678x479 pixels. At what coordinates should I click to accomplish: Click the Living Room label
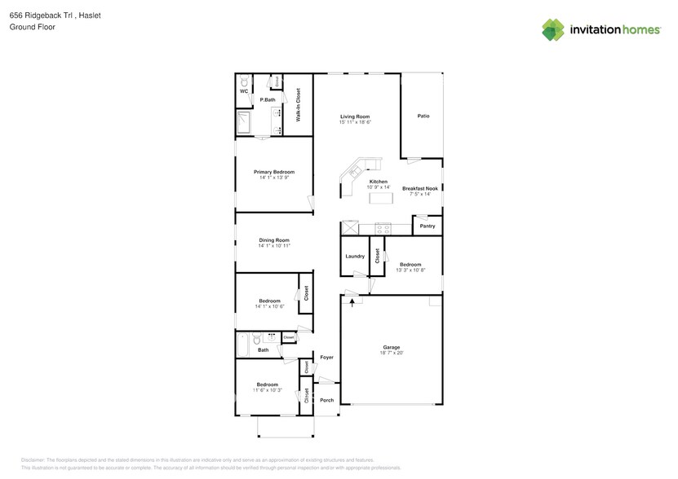355,116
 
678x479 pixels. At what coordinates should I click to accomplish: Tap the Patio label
423,116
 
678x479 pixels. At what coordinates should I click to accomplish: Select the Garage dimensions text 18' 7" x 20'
392,353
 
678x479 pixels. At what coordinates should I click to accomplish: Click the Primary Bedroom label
273,172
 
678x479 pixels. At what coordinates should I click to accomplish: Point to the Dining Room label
274,239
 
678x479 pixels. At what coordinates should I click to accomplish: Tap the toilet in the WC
243,82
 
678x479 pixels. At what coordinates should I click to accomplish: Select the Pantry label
428,226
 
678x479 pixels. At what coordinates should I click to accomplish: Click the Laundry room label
355,256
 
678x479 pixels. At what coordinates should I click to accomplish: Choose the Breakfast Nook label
420,188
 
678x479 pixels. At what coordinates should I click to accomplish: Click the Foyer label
326,358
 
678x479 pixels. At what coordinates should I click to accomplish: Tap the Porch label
326,400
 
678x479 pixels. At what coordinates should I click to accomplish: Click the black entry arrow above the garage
352,301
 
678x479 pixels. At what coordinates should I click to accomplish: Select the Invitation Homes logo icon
553,29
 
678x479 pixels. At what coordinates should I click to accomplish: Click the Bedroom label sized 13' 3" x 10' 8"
410,264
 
